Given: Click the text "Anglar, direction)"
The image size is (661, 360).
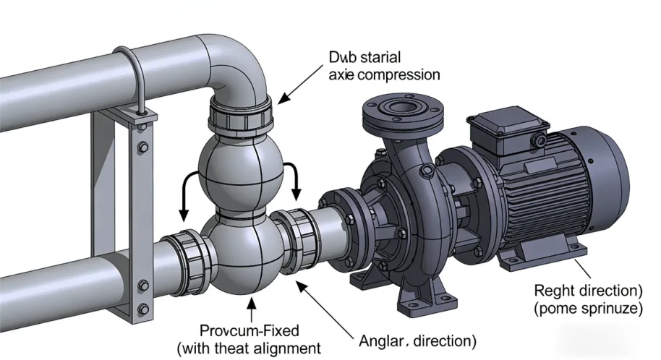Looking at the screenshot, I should tap(417, 338).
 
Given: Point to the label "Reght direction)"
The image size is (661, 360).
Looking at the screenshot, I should tap(588, 291).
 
